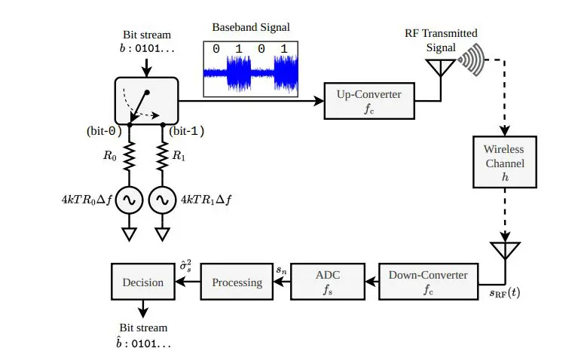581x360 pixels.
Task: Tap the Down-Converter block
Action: tap(428, 282)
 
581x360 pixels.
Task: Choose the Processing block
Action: tap(237, 282)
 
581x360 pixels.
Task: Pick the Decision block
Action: tap(142, 282)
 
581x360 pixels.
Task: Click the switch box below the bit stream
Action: tap(145, 101)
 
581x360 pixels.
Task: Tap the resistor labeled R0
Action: tap(129, 157)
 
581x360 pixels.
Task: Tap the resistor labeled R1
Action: tap(161, 157)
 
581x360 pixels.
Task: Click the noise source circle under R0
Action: tap(129, 200)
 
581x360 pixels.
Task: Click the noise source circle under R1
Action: tap(161, 200)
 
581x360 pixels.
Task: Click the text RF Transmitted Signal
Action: tap(442, 39)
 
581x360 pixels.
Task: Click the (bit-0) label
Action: tap(104, 130)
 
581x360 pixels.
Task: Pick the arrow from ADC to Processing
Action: tap(280, 282)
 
